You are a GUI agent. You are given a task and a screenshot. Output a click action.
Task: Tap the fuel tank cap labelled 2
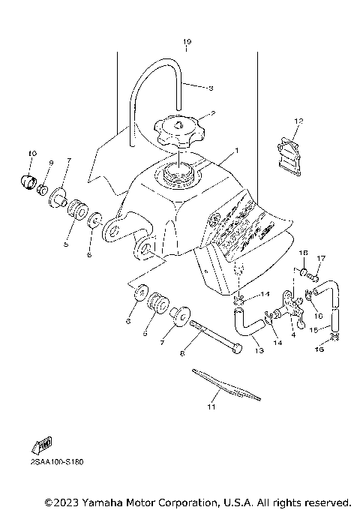(x=178, y=130)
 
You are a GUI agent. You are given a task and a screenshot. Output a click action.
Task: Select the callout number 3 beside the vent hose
(x=211, y=88)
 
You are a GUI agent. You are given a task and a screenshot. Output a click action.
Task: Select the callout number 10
(x=32, y=154)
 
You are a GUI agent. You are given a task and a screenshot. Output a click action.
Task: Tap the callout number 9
(x=52, y=163)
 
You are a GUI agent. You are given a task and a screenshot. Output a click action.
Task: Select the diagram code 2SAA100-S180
(x=56, y=462)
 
